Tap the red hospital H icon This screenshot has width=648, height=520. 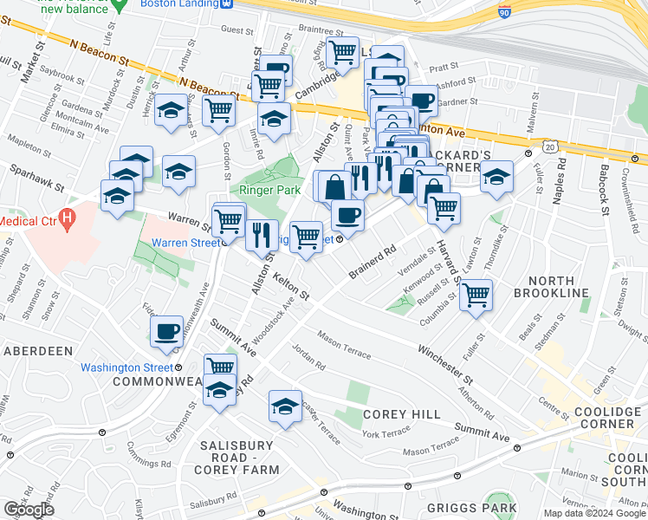(x=66, y=219)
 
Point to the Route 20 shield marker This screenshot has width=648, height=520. (x=550, y=148)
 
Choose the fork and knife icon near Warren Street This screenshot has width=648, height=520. (x=259, y=235)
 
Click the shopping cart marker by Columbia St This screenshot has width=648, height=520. (x=476, y=295)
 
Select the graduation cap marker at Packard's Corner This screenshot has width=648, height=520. (x=496, y=177)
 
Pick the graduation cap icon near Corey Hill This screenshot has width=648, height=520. (x=285, y=406)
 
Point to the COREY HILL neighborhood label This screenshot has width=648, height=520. (x=402, y=415)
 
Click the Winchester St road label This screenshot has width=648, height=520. (x=445, y=365)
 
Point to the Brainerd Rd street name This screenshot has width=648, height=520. (x=373, y=262)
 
